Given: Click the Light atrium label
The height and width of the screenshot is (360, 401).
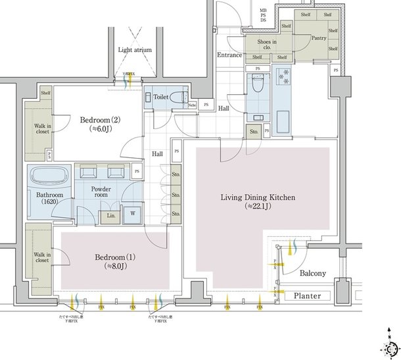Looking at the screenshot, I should click(135, 49).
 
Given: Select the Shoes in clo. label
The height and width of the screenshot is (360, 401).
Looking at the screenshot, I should click(261, 45).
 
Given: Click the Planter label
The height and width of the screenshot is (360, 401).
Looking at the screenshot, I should click(307, 296).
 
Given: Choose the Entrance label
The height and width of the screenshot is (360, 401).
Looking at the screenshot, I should click(229, 55).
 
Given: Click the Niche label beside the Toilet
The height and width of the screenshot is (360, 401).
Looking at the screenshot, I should click(191, 105).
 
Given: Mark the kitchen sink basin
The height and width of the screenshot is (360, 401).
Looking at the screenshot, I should click(283, 122).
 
